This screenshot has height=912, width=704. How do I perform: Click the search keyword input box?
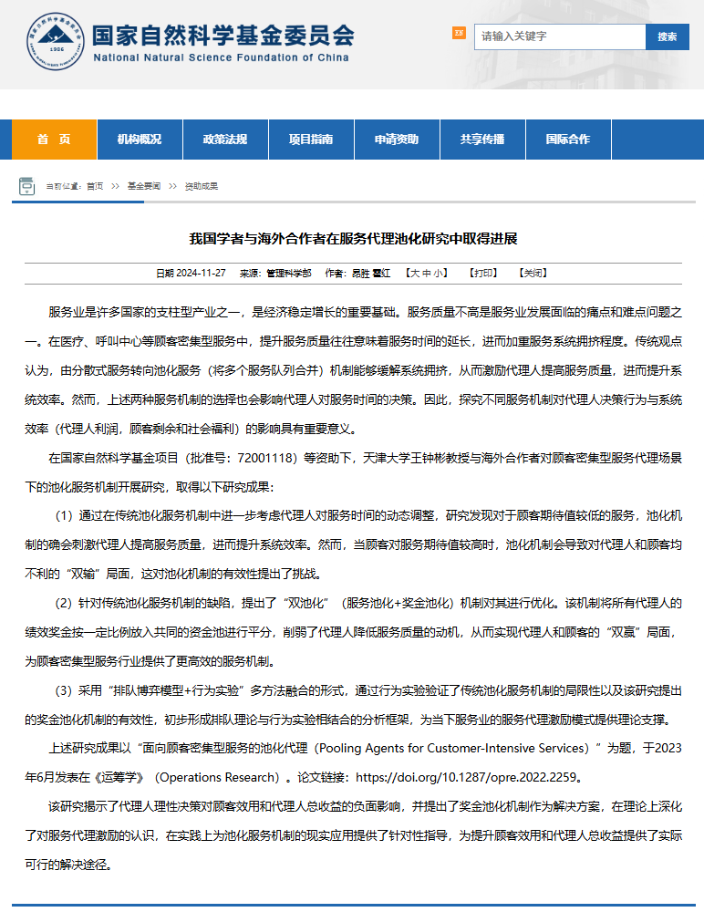pyautogui.click(x=559, y=36)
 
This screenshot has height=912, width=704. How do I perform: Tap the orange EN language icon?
pyautogui.click(x=459, y=34)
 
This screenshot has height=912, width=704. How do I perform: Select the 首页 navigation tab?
pyautogui.click(x=54, y=140)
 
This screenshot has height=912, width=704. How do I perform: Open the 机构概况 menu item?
pyautogui.click(x=140, y=140)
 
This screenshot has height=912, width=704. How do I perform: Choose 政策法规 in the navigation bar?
pyautogui.click(x=225, y=140)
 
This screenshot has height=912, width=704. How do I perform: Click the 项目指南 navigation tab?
pyautogui.click(x=311, y=140)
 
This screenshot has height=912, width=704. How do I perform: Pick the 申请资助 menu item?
pyautogui.click(x=397, y=140)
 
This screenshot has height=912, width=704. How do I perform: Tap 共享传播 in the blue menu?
pyautogui.click(x=482, y=140)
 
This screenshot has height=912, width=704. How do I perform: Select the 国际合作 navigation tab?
pyautogui.click(x=568, y=140)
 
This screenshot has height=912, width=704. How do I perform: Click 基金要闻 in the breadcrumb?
pyautogui.click(x=144, y=186)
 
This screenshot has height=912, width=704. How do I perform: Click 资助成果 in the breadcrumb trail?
pyautogui.click(x=202, y=186)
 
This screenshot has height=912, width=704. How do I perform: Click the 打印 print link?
pyautogui.click(x=483, y=273)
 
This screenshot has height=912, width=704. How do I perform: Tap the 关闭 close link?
pyautogui.click(x=533, y=273)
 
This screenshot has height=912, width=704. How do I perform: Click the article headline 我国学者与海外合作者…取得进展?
pyautogui.click(x=353, y=239)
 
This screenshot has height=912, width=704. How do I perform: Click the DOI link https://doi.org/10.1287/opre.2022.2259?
pyautogui.click(x=467, y=779)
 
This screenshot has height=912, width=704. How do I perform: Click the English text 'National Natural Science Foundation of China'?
pyautogui.click(x=222, y=57)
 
